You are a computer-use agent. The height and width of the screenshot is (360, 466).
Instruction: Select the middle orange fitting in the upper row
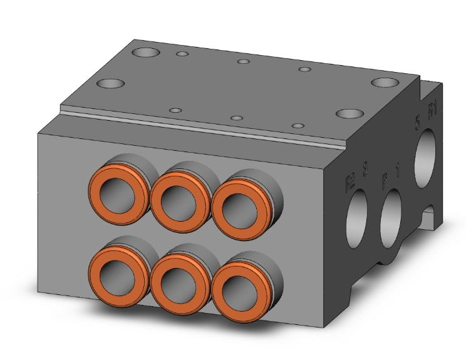(181, 199)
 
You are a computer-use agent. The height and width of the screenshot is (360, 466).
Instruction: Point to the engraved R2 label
(350, 183)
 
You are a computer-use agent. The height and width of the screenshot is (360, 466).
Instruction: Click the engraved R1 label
(432, 111)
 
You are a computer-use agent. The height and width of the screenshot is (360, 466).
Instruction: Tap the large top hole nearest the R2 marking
(349, 114)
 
